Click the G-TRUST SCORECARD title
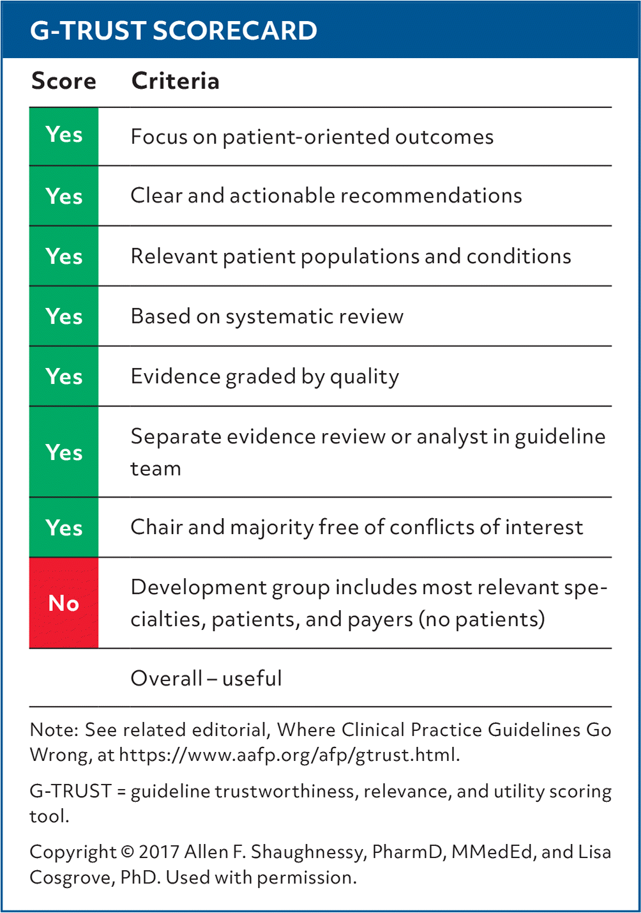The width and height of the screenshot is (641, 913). tap(174, 31)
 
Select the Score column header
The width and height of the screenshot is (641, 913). tap(64, 81)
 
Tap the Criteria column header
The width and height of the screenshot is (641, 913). tap(175, 81)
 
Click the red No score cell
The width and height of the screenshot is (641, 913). tap(64, 602)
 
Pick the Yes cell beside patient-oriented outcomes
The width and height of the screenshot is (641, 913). tap(64, 136)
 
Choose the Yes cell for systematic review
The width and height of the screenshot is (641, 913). tap(64, 316)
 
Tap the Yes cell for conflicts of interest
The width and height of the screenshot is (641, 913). tap(64, 527)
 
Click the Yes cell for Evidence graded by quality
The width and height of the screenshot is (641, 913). tap(64, 376)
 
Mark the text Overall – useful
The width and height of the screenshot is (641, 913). tap(206, 679)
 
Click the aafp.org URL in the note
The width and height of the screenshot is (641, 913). tap(289, 755)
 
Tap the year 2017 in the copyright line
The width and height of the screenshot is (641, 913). tap(159, 852)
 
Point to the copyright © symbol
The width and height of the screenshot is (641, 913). tap(128, 852)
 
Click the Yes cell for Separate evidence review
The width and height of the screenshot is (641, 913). tap(64, 452)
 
